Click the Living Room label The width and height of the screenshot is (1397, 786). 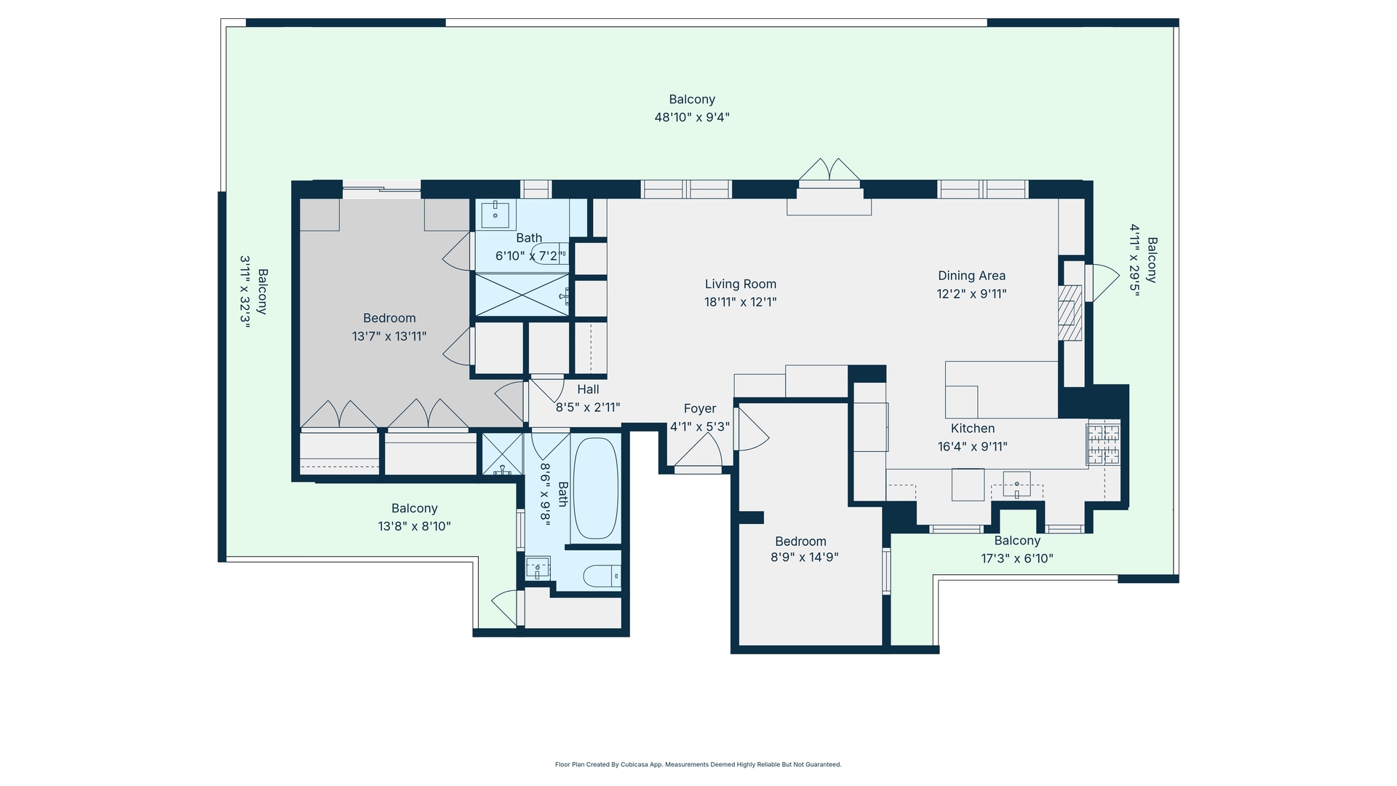pyautogui.click(x=740, y=285)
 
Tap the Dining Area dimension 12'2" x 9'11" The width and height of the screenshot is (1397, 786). pyautogui.click(x=971, y=294)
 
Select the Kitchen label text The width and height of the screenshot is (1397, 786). pyautogui.click(x=972, y=429)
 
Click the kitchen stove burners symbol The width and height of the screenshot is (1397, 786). pyautogui.click(x=1103, y=444)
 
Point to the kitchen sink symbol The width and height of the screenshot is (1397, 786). pyautogui.click(x=1016, y=485)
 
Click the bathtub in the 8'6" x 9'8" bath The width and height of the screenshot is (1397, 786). pyautogui.click(x=595, y=488)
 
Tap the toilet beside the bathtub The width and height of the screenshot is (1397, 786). pyautogui.click(x=602, y=576)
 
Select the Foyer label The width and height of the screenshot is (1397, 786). pyautogui.click(x=699, y=409)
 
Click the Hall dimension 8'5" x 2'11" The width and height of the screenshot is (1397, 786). pyautogui.click(x=588, y=408)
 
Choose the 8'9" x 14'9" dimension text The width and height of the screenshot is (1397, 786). pyautogui.click(x=805, y=557)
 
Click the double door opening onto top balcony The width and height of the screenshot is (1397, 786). pyautogui.click(x=829, y=170)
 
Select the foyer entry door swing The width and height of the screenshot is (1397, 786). pyautogui.click(x=697, y=456)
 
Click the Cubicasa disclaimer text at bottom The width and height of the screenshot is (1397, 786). pyautogui.click(x=698, y=765)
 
